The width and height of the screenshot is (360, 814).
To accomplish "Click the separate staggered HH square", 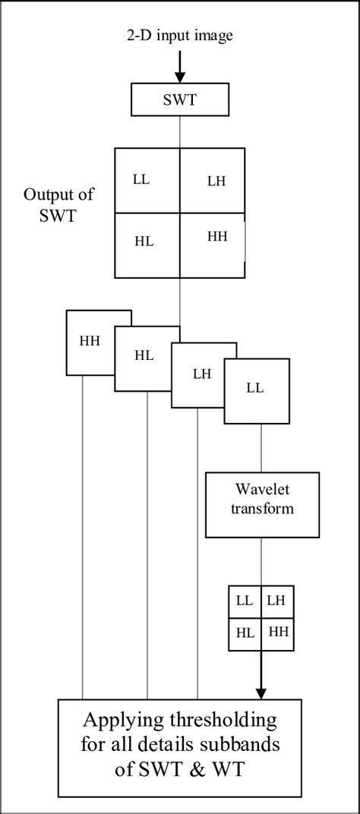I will (x=90, y=342).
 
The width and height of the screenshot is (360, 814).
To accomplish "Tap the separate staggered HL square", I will (x=144, y=355).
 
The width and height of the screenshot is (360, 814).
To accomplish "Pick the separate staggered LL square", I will (x=256, y=388).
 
